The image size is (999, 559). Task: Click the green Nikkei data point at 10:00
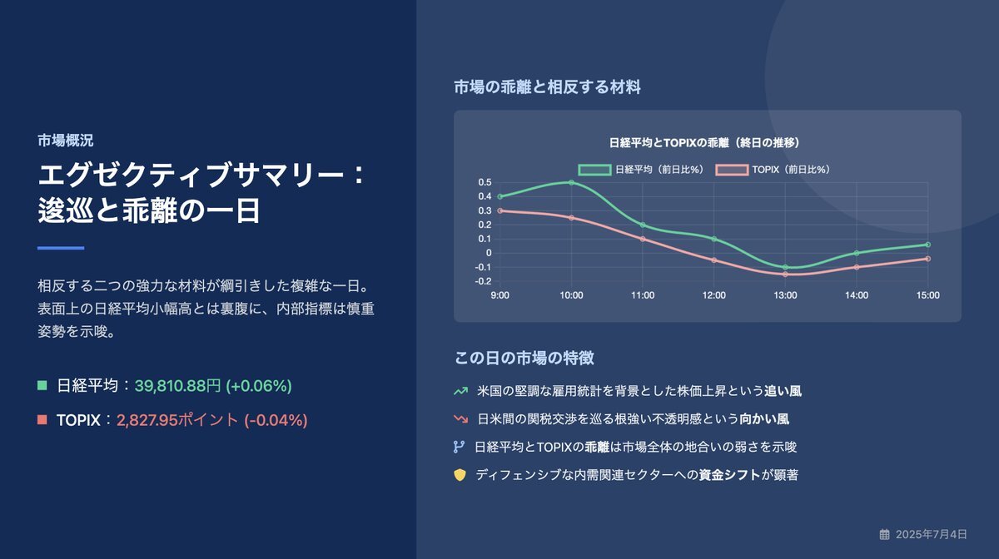pyautogui.click(x=571, y=182)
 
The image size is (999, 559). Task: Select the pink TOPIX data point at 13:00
pyautogui.click(x=785, y=275)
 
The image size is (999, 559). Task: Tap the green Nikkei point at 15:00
pyautogui.click(x=927, y=245)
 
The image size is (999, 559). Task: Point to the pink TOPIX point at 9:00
pyautogui.click(x=500, y=210)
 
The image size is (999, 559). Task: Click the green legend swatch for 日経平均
pyautogui.click(x=594, y=170)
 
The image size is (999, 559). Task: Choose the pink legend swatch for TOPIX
pyautogui.click(x=732, y=170)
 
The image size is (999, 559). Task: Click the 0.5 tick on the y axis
pyautogui.click(x=485, y=182)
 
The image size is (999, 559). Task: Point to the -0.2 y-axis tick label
pyautogui.click(x=483, y=281)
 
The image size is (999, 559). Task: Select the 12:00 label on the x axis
pyautogui.click(x=714, y=295)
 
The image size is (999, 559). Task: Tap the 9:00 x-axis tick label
pyautogui.click(x=500, y=295)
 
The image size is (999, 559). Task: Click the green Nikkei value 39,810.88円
pyautogui.click(x=177, y=386)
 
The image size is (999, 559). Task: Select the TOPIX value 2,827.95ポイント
pyautogui.click(x=177, y=420)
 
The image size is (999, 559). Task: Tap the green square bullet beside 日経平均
pyautogui.click(x=42, y=385)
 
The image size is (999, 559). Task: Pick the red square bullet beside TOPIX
pyautogui.click(x=42, y=419)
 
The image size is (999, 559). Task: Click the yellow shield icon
pyautogui.click(x=460, y=475)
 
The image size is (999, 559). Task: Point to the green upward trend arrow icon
pyautogui.click(x=460, y=391)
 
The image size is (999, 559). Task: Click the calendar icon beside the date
pyautogui.click(x=884, y=534)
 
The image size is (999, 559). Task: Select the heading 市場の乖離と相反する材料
pyautogui.click(x=547, y=87)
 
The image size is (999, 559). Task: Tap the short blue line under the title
pyautogui.click(x=61, y=248)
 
